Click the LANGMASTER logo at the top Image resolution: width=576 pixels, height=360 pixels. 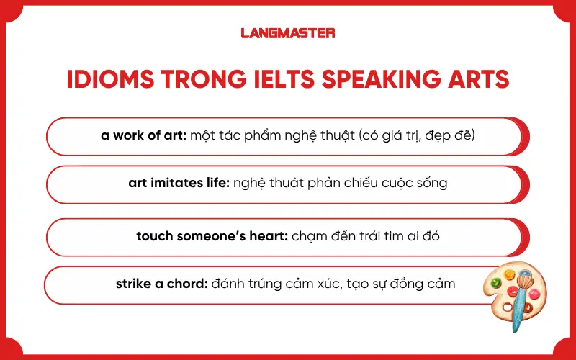click(x=287, y=32)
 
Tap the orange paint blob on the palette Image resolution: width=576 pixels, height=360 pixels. click(x=510, y=274)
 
